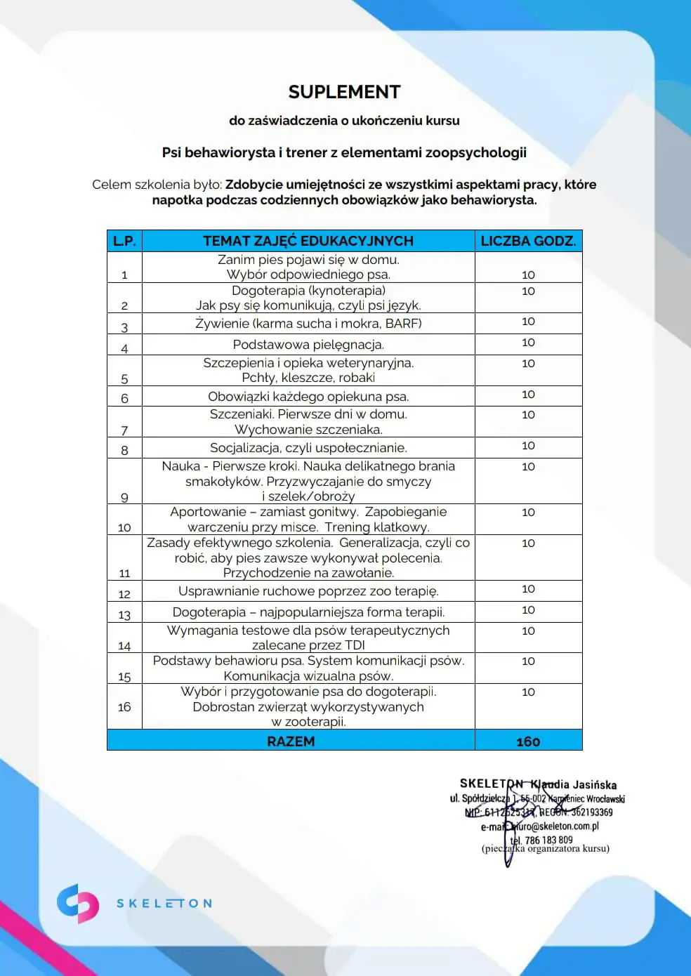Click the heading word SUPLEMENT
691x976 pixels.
pyautogui.click(x=344, y=92)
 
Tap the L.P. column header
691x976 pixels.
pyautogui.click(x=124, y=241)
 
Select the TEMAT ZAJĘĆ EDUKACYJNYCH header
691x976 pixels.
pyautogui.click(x=308, y=241)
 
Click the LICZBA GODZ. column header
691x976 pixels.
pyautogui.click(x=528, y=241)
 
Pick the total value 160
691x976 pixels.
pyautogui.click(x=528, y=741)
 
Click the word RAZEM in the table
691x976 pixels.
pyautogui.click(x=291, y=741)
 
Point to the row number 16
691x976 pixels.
pyautogui.click(x=124, y=707)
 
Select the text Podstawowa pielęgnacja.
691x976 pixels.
pyautogui.click(x=308, y=345)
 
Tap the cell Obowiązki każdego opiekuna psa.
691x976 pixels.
pyautogui.click(x=308, y=397)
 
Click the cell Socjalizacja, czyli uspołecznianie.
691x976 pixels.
pyautogui.click(x=308, y=448)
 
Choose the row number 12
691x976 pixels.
pyautogui.click(x=124, y=594)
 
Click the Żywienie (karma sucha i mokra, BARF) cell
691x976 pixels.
pyautogui.click(x=308, y=324)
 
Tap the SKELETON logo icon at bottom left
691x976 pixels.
pyautogui.click(x=77, y=903)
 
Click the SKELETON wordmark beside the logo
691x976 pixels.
pyautogui.click(x=164, y=904)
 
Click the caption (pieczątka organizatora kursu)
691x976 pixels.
pyautogui.click(x=546, y=849)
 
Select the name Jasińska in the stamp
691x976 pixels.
pyautogui.click(x=594, y=785)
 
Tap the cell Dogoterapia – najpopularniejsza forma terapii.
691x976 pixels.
pyautogui.click(x=308, y=612)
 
